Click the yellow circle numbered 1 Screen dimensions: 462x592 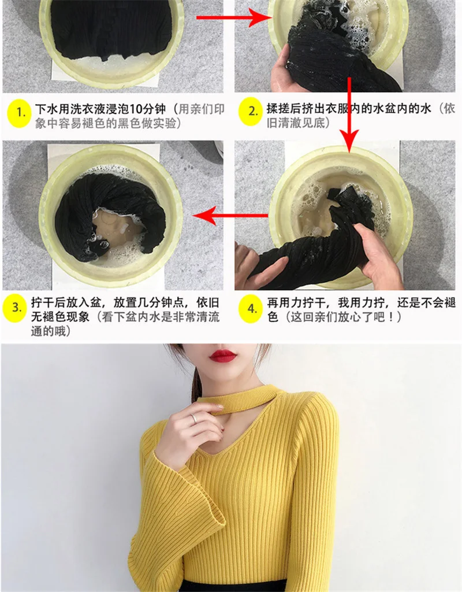tap(18, 113)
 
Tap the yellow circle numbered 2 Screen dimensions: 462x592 tap(250, 112)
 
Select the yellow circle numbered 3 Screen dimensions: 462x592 tap(15, 308)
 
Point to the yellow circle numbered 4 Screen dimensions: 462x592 tap(251, 308)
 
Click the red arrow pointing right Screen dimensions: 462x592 tap(234, 17)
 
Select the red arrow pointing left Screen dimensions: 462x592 tap(230, 216)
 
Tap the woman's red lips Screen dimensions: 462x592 tap(222, 356)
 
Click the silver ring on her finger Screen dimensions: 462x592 tap(194, 419)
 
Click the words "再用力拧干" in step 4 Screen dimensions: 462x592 tap(296, 303)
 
